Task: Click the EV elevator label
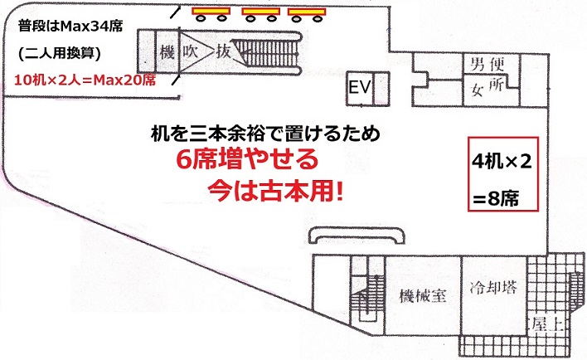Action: click(359, 87)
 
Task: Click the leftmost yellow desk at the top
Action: click(211, 12)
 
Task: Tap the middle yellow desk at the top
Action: click(260, 12)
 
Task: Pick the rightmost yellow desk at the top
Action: click(305, 12)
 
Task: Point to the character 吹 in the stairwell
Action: click(193, 52)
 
